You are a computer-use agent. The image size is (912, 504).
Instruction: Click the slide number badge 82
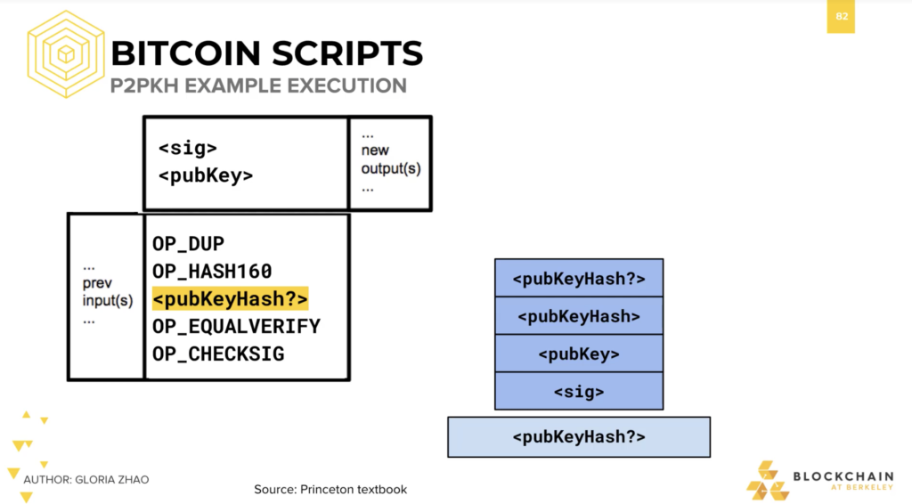tap(841, 16)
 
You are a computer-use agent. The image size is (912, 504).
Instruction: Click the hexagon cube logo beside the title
tap(66, 54)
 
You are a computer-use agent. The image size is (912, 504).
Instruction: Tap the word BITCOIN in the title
tap(186, 53)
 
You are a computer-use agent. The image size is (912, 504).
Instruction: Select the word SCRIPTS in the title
tap(347, 53)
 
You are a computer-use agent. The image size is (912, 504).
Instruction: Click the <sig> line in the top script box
tap(187, 148)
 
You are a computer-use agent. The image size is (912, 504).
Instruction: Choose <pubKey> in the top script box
tap(206, 175)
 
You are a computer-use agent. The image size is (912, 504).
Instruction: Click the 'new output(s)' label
tap(390, 159)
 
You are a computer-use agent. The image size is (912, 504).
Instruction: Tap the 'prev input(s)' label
tap(107, 292)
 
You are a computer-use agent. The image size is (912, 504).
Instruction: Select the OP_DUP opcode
tap(189, 244)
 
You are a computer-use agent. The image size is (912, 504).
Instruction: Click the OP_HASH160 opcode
tap(212, 271)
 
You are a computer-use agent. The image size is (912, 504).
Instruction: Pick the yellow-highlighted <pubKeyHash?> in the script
tap(230, 299)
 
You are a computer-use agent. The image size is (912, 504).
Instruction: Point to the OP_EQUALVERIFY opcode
tap(236, 326)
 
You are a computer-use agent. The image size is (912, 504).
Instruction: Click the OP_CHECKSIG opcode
tap(218, 354)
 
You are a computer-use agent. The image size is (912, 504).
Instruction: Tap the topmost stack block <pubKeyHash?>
tap(579, 278)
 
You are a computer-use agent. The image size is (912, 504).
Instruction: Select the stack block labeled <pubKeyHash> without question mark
tap(579, 315)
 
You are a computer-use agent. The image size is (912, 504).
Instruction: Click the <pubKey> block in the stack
tap(579, 354)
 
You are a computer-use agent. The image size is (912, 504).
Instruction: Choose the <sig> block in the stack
tap(579, 391)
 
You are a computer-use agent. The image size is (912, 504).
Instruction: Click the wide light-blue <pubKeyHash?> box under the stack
tap(579, 436)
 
